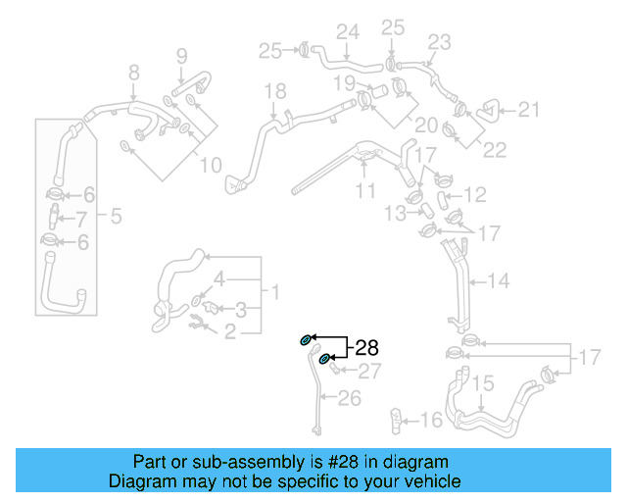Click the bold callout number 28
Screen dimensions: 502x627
click(x=365, y=347)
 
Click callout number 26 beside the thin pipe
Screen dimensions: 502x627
click(x=349, y=398)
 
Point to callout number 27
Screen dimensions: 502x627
click(x=368, y=372)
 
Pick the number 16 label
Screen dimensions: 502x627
click(x=431, y=421)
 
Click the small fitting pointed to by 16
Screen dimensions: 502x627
click(x=398, y=419)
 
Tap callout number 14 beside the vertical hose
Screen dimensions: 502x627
click(x=499, y=281)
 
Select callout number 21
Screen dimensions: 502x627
click(x=528, y=110)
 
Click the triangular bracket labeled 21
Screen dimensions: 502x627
click(x=485, y=111)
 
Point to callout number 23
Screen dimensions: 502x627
click(x=439, y=42)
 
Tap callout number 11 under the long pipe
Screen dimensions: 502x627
click(x=365, y=191)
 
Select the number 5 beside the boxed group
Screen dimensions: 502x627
click(x=116, y=216)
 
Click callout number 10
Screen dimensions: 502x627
click(x=211, y=166)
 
